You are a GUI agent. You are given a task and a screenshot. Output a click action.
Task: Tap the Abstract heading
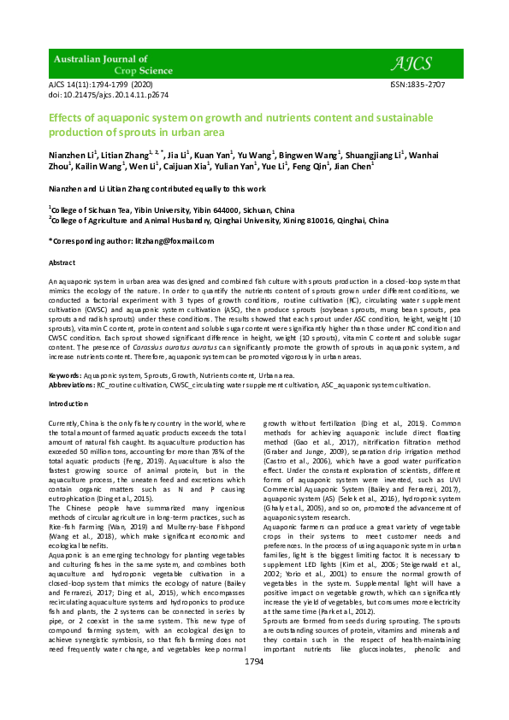point(62,263)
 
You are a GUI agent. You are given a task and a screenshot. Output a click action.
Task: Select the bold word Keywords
point(65,375)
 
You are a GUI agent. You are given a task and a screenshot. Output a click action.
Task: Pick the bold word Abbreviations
point(72,385)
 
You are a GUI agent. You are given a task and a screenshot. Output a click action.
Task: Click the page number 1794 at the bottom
point(254,686)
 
